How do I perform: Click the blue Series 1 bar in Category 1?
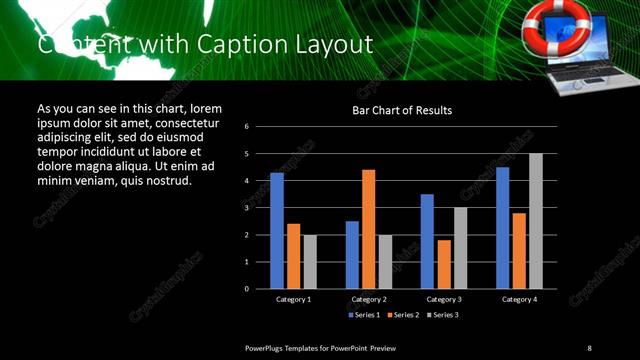(277, 231)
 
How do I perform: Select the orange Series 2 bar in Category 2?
(368, 229)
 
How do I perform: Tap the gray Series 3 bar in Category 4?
(535, 221)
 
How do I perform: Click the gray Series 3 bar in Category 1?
(309, 262)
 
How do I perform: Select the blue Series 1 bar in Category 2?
(352, 255)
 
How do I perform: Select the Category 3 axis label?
(443, 299)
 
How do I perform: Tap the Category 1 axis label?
(293, 299)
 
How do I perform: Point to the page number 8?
(589, 347)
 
